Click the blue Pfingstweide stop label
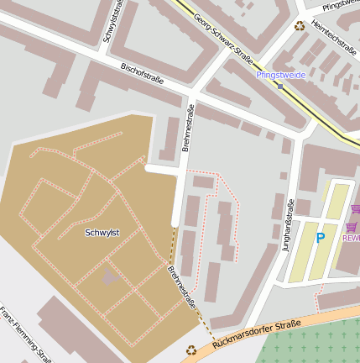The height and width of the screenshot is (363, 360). pyautogui.click(x=280, y=75)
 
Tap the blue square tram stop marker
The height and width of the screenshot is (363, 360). pyautogui.click(x=279, y=85)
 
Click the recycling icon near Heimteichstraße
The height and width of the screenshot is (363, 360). pyautogui.click(x=300, y=26)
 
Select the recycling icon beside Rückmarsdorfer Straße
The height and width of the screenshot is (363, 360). pyautogui.click(x=191, y=349)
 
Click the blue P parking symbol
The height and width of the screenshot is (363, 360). pyautogui.click(x=320, y=238)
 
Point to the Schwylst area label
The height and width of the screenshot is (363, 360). pyautogui.click(x=102, y=232)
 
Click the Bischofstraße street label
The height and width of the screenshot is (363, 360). pyautogui.click(x=142, y=74)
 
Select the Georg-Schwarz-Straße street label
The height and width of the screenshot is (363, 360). pyautogui.click(x=223, y=38)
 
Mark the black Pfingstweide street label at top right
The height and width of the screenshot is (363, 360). pyautogui.click(x=340, y=5)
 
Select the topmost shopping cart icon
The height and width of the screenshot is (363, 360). pyautogui.click(x=355, y=208)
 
